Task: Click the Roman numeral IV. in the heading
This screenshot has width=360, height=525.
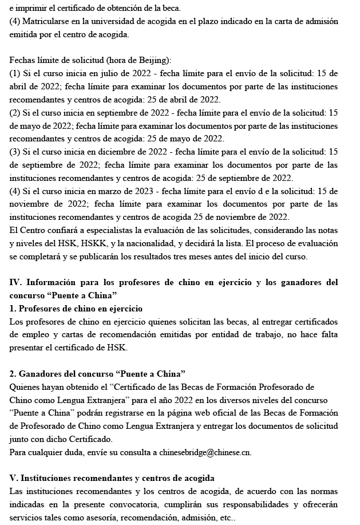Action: pyautogui.click(x=15, y=282)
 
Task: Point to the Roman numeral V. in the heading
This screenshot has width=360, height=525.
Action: pyautogui.click(x=14, y=478)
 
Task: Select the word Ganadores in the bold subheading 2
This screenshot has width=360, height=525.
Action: pyautogui.click(x=41, y=374)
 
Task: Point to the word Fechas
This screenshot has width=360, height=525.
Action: pyautogui.click(x=22, y=60)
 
